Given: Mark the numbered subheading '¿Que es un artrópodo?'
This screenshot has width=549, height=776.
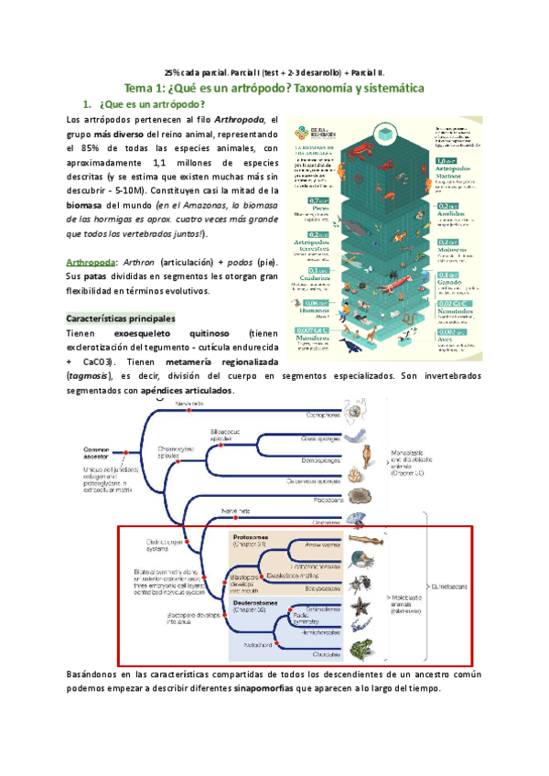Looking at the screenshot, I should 148,104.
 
